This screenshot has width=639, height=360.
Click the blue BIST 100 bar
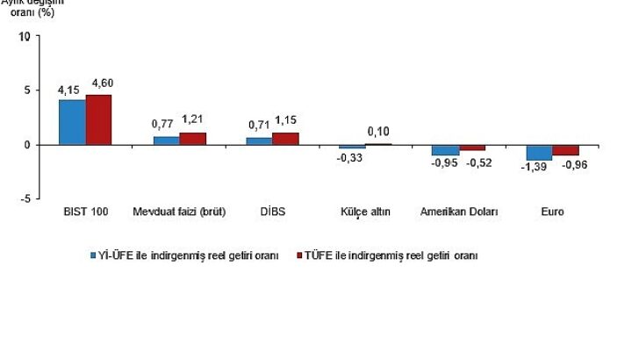point(72,122)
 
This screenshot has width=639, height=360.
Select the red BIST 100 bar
point(98,119)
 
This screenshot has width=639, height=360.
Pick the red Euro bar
point(565,149)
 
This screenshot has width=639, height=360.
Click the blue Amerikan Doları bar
point(445,149)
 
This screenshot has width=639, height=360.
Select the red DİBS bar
point(286,139)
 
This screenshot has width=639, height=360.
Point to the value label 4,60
point(102,84)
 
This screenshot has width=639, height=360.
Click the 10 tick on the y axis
point(25,36)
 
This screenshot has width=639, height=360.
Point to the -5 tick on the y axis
point(25,199)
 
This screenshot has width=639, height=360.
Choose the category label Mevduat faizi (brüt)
point(179,212)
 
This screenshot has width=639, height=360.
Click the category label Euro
point(553,212)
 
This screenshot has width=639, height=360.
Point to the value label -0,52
point(478,162)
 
